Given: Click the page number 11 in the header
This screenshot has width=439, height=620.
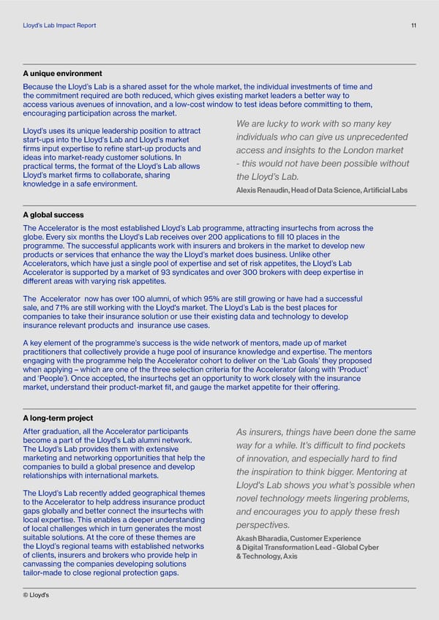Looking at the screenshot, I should tap(413, 26).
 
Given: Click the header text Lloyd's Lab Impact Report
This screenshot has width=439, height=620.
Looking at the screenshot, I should tap(59, 26).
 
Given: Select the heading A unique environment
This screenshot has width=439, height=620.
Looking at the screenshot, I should tap(62, 74).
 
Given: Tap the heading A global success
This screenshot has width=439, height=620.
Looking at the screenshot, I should tap(53, 215).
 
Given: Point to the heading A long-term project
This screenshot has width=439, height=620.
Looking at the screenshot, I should tap(59, 418).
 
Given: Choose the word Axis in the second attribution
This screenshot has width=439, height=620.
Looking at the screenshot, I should tap(290, 577).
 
